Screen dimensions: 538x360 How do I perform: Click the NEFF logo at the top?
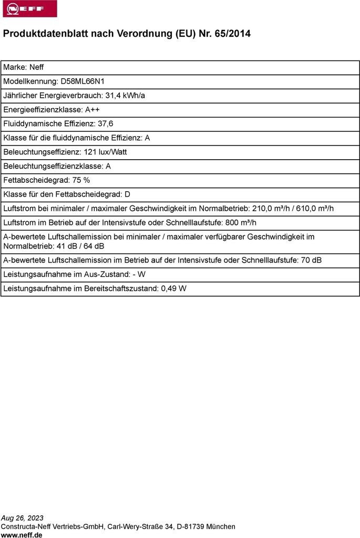(29, 9)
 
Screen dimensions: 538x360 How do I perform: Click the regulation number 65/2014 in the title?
(232, 34)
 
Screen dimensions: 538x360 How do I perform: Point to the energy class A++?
(92, 110)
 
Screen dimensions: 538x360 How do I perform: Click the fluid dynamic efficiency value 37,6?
(105, 123)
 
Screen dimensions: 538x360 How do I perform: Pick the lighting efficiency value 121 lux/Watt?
(105, 152)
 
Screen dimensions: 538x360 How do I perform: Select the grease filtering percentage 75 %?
(81, 180)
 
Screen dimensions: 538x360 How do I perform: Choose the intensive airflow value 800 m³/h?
(240, 222)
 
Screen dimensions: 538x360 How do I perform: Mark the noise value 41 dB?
(66, 246)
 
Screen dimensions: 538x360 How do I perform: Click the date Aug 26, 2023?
(23, 518)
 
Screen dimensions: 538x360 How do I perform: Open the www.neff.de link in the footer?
(22, 534)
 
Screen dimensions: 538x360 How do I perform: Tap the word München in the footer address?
(221, 526)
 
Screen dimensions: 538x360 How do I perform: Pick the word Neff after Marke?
(36, 67)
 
